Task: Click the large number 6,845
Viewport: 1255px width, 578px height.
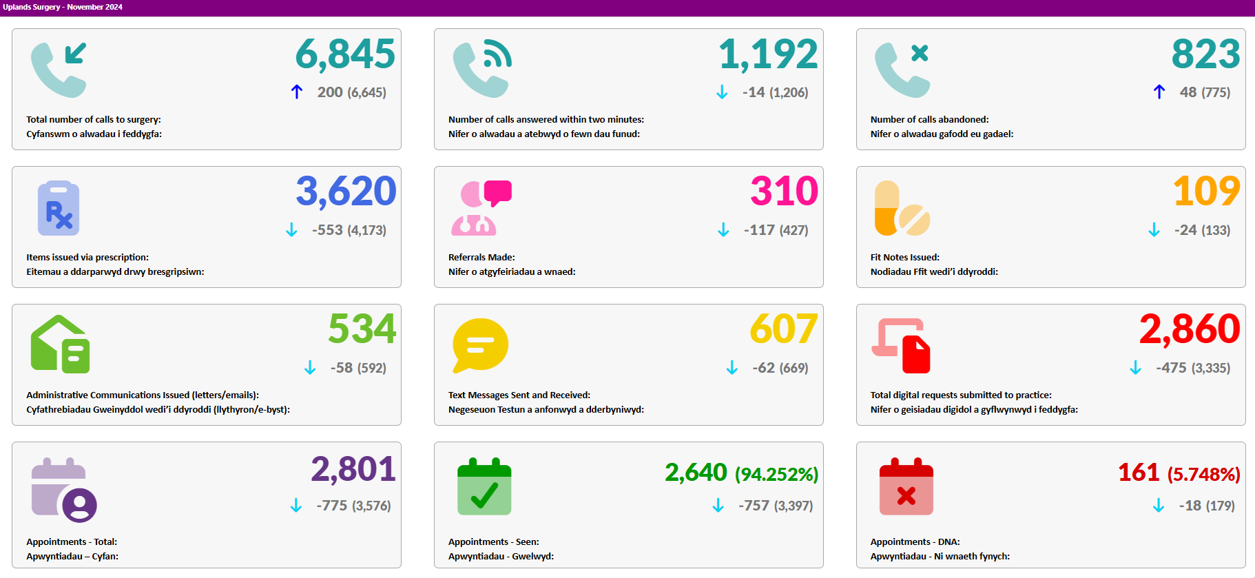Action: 345,54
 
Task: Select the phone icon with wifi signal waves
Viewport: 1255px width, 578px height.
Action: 482,69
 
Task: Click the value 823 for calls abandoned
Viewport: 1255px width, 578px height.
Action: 1205,54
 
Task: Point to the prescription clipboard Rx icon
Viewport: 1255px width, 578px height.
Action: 59,207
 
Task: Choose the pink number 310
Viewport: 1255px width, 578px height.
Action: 784,191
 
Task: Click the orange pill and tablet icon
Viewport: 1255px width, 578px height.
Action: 902,207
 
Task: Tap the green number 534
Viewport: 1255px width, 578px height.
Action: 362,329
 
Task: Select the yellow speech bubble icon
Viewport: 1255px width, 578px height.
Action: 480,345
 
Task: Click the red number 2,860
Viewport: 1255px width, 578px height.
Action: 1190,329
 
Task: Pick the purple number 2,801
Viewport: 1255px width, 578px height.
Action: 353,469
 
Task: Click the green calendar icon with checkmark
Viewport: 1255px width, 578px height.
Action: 484,486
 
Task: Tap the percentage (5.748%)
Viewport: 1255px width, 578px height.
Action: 1204,474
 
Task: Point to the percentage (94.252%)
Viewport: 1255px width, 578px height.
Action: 776,474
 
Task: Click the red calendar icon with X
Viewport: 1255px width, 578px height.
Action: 906,486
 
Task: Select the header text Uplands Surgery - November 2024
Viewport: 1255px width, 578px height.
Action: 63,7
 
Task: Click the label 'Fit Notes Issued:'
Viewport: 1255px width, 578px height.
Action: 905,257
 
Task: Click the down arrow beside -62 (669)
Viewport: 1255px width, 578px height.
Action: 732,368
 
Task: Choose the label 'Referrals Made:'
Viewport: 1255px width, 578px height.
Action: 481,257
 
